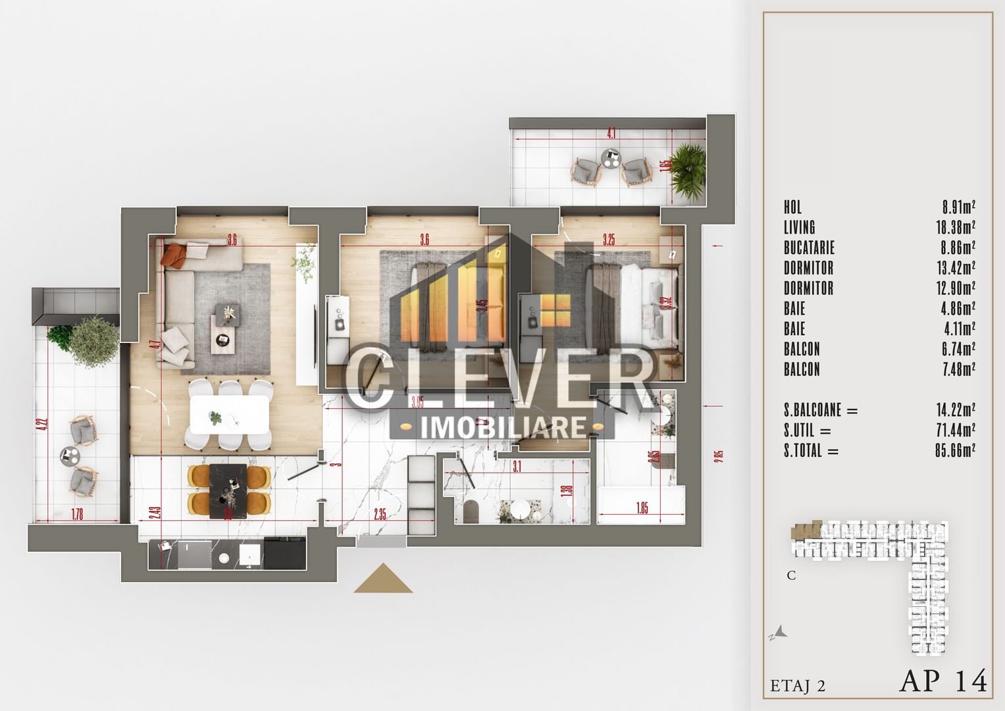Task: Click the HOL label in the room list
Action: [792, 207]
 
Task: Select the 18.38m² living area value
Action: [958, 228]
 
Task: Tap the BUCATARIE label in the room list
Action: [809, 248]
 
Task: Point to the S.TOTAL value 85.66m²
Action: [954, 451]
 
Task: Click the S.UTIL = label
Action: [808, 431]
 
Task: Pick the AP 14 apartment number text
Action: [943, 681]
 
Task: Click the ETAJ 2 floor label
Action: [798, 685]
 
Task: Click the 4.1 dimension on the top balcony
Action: [611, 134]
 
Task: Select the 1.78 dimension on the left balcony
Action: [77, 515]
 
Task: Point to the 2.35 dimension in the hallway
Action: [380, 514]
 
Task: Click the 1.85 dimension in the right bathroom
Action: [642, 508]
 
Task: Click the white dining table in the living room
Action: [229, 415]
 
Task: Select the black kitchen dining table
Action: [228, 490]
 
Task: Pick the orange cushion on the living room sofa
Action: [173, 255]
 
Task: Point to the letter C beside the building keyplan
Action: [791, 575]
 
